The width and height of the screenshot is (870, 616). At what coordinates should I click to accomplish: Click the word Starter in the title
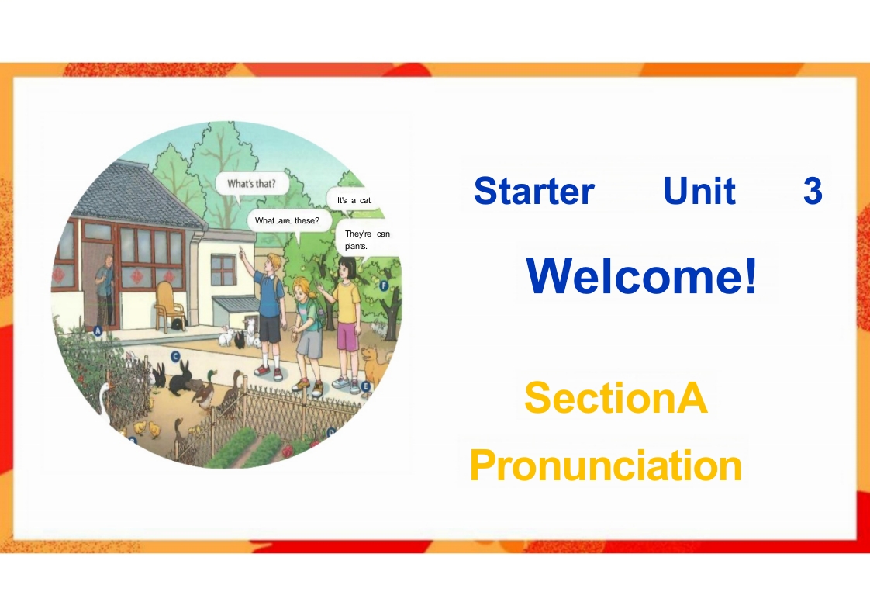tap(533, 191)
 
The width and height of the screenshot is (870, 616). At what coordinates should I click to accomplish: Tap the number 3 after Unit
tap(813, 191)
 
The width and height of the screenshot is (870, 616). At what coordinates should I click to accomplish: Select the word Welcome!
tap(641, 276)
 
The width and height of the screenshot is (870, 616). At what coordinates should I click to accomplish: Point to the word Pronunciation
tap(606, 466)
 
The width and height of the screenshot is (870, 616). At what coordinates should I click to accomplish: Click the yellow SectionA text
tap(616, 397)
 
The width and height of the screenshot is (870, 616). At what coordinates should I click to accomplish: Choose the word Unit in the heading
tap(699, 191)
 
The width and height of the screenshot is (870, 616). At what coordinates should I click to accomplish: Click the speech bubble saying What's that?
tap(251, 184)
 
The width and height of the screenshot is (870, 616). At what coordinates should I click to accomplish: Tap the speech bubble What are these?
tap(288, 221)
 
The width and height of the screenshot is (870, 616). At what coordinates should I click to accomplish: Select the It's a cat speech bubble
tap(355, 200)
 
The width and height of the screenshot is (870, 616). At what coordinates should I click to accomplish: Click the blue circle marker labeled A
tap(98, 331)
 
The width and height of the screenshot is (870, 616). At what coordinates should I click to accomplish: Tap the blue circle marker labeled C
tap(175, 356)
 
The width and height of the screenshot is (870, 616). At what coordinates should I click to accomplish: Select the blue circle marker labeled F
tap(383, 286)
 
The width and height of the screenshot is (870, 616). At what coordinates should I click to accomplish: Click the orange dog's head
tap(370, 354)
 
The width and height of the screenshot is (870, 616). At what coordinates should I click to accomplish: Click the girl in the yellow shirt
tap(347, 323)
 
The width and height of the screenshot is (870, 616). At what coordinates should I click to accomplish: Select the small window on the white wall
tap(223, 270)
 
